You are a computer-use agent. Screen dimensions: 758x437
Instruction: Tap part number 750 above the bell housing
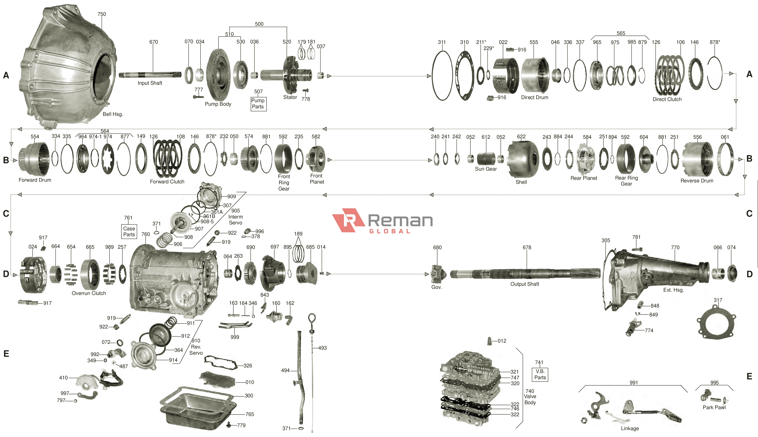(x=102, y=14)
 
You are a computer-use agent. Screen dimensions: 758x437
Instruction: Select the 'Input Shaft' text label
(x=150, y=83)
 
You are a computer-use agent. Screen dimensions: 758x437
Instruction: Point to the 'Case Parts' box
(x=129, y=231)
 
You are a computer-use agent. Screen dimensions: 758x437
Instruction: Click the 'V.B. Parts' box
(x=540, y=374)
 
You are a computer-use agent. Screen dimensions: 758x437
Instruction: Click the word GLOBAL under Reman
(x=390, y=231)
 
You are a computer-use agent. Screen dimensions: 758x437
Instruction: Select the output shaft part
(x=525, y=273)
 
